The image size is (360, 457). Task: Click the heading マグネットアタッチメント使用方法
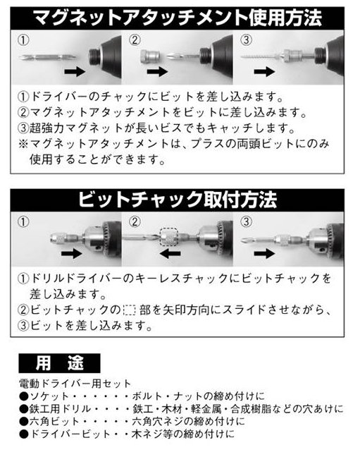coord(177,18)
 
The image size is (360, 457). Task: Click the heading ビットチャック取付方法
coord(177,200)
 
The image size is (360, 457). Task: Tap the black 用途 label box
coord(59,363)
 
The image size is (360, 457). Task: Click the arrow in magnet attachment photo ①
coord(75,71)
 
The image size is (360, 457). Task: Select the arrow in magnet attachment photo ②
coord(158,71)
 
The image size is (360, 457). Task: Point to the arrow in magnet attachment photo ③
coord(264,71)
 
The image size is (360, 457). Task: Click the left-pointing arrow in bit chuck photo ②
coord(170,253)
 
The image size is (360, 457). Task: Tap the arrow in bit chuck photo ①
coord(72,253)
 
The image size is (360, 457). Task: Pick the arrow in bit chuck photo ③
coord(264,253)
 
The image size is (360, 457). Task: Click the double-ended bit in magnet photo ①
coord(48,56)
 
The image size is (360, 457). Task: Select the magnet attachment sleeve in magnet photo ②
coord(150,56)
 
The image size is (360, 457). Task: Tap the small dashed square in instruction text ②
coord(130,310)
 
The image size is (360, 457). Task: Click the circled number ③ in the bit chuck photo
coord(246,221)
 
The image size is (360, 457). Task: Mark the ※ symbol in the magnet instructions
coord(23,144)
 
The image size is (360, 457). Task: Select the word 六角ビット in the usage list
coord(54,422)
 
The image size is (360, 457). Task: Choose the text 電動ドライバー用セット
coord(75,384)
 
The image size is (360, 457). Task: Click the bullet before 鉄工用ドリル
coord(23,409)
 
